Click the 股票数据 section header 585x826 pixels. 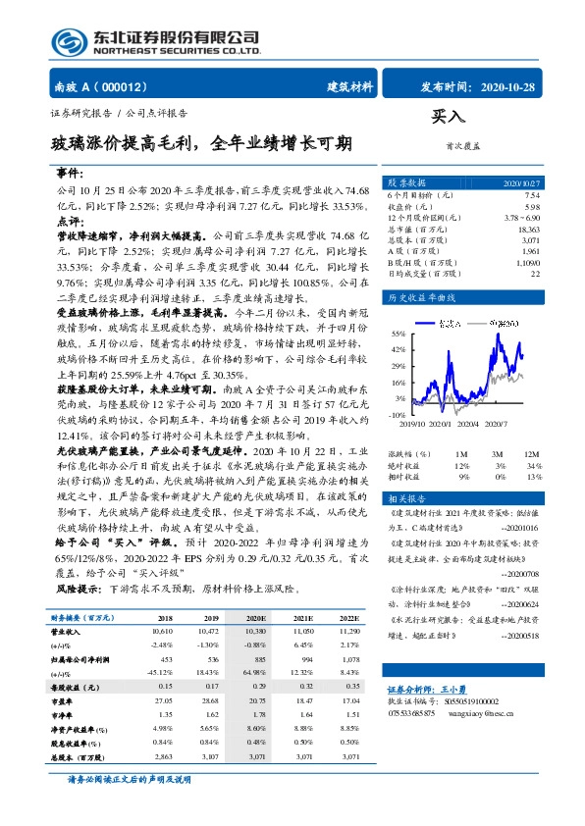406,183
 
